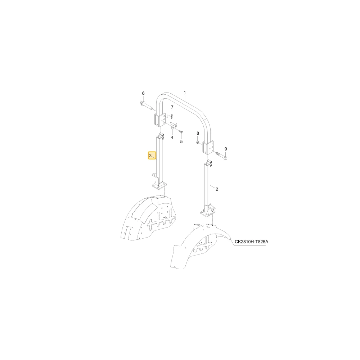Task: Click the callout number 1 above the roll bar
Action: tap(185, 93)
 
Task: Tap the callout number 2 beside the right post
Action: tap(217, 189)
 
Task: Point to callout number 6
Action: tap(143, 93)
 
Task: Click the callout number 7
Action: tap(172, 107)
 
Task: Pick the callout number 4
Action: tap(172, 138)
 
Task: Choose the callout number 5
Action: tap(181, 141)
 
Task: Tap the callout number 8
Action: tap(198, 133)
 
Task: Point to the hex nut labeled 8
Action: tap(198, 143)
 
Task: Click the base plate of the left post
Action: tap(159, 186)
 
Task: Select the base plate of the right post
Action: tap(208, 213)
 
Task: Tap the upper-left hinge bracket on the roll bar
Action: tap(160, 120)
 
